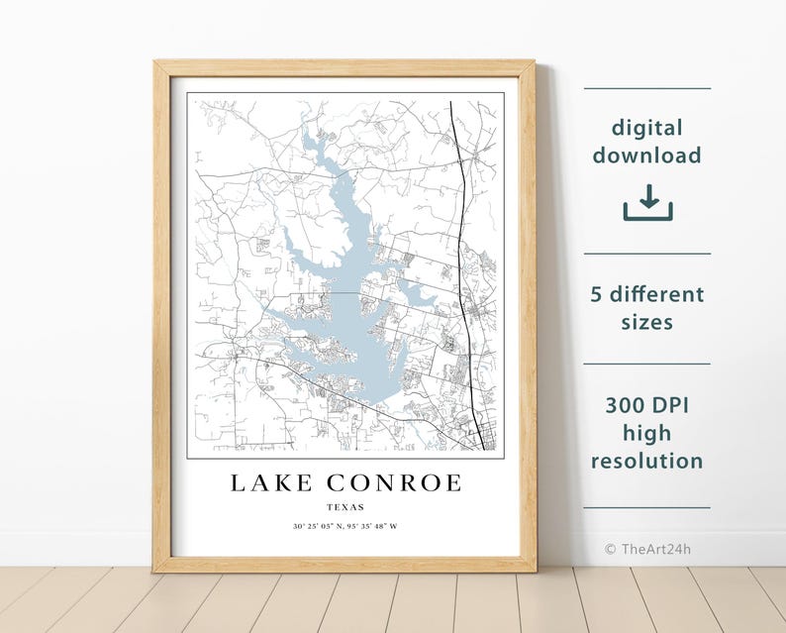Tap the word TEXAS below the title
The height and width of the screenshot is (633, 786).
coord(344,507)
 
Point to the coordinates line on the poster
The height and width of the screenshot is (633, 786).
coord(344,526)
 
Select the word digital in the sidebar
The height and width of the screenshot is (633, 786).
coord(647,128)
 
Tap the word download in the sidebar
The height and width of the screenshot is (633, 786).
coord(647,156)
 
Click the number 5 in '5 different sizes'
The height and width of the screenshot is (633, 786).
coord(597,295)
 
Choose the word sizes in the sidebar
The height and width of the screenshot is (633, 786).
coord(647,322)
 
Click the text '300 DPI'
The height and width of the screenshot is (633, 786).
coord(647,406)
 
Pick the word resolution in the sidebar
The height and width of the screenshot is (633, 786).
coord(647,461)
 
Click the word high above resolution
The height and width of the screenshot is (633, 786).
coord(647,433)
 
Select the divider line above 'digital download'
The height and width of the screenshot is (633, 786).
coord(647,88)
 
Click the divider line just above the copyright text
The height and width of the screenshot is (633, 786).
coord(647,508)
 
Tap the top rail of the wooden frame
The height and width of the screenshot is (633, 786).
coord(344,67)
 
